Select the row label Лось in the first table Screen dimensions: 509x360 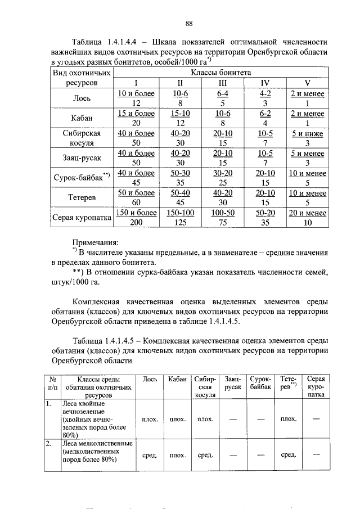[82, 98]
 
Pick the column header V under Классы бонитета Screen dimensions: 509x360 [307, 83]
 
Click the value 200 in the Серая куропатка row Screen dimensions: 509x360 [136, 222]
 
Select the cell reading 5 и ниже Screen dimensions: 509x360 [307, 133]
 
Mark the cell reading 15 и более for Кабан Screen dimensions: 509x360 [136, 114]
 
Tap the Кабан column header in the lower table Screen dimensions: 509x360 [177, 380]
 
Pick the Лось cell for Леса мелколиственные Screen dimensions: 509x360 [150, 454]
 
